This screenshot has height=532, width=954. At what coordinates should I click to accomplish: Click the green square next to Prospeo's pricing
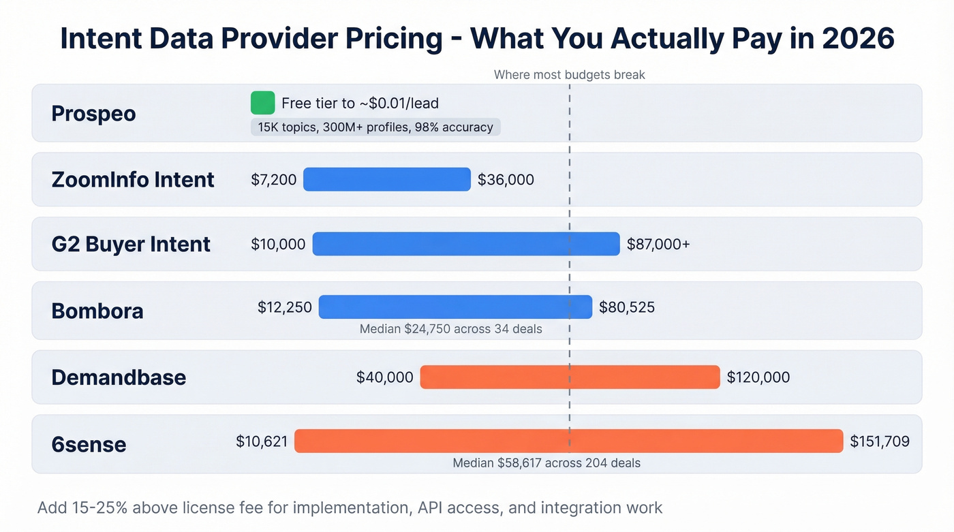click(262, 103)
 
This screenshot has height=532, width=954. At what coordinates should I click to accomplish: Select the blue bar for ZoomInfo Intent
click(386, 179)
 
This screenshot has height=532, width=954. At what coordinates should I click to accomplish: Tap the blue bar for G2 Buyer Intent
click(466, 244)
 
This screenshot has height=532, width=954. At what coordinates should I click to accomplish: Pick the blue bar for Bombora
click(455, 307)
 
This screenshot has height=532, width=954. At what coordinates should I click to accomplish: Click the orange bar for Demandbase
click(570, 377)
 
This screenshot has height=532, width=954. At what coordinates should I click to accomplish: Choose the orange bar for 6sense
click(568, 441)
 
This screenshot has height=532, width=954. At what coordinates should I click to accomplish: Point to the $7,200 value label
click(274, 180)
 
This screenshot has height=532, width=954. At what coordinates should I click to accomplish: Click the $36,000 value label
click(506, 180)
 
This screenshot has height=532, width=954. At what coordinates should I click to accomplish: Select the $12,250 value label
click(284, 307)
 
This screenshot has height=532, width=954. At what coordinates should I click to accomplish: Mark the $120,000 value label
click(758, 377)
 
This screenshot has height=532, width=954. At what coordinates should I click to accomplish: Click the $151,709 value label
click(880, 441)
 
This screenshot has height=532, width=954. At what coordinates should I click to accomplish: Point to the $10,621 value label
click(262, 441)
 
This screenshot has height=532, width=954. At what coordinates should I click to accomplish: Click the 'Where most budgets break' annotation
click(569, 75)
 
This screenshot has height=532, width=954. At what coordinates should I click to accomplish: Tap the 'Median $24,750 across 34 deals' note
click(450, 329)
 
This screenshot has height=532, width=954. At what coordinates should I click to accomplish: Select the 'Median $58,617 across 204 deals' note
click(547, 463)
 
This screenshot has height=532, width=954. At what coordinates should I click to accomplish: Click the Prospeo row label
click(93, 114)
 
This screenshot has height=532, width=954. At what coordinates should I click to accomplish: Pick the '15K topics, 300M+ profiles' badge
click(375, 127)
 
